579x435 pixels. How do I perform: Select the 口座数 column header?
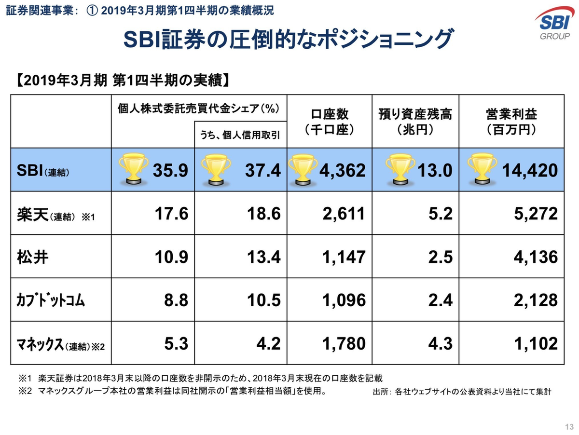pos(330,122)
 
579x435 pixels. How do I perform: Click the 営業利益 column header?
pos(511,122)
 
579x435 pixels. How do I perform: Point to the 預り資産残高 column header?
pos(415,122)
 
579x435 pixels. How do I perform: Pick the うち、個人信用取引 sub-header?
pos(240,136)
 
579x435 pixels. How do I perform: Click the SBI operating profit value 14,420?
pos(529,170)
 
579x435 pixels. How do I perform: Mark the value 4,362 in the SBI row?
pos(344,170)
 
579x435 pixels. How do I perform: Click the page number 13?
pos(568,426)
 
